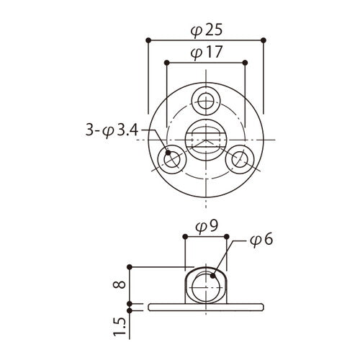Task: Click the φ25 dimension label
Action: [x=206, y=32]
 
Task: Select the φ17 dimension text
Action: [x=206, y=53]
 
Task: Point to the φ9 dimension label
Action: [x=206, y=225]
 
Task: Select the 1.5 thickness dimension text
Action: [x=120, y=325]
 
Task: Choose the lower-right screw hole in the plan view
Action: [x=240, y=160]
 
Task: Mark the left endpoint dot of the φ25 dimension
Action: [x=148, y=40]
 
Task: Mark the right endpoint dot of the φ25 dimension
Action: [x=265, y=40]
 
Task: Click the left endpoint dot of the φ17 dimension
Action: [x=167, y=63]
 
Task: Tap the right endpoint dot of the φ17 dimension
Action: [x=246, y=63]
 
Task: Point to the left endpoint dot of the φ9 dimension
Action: [x=186, y=235]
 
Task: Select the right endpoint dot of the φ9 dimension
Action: [x=227, y=235]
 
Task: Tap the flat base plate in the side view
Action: [x=206, y=306]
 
